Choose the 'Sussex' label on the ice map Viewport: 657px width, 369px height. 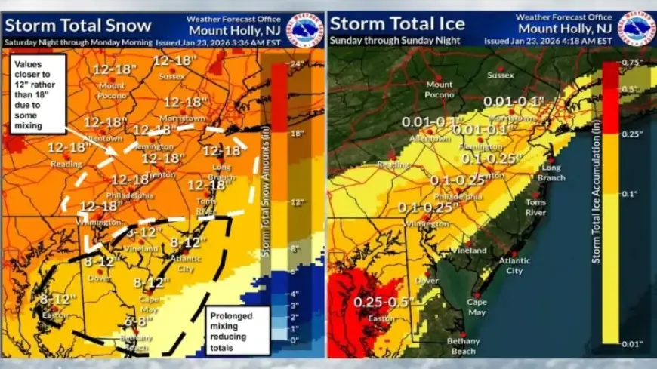point(500,75)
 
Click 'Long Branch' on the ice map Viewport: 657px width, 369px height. point(551,174)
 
